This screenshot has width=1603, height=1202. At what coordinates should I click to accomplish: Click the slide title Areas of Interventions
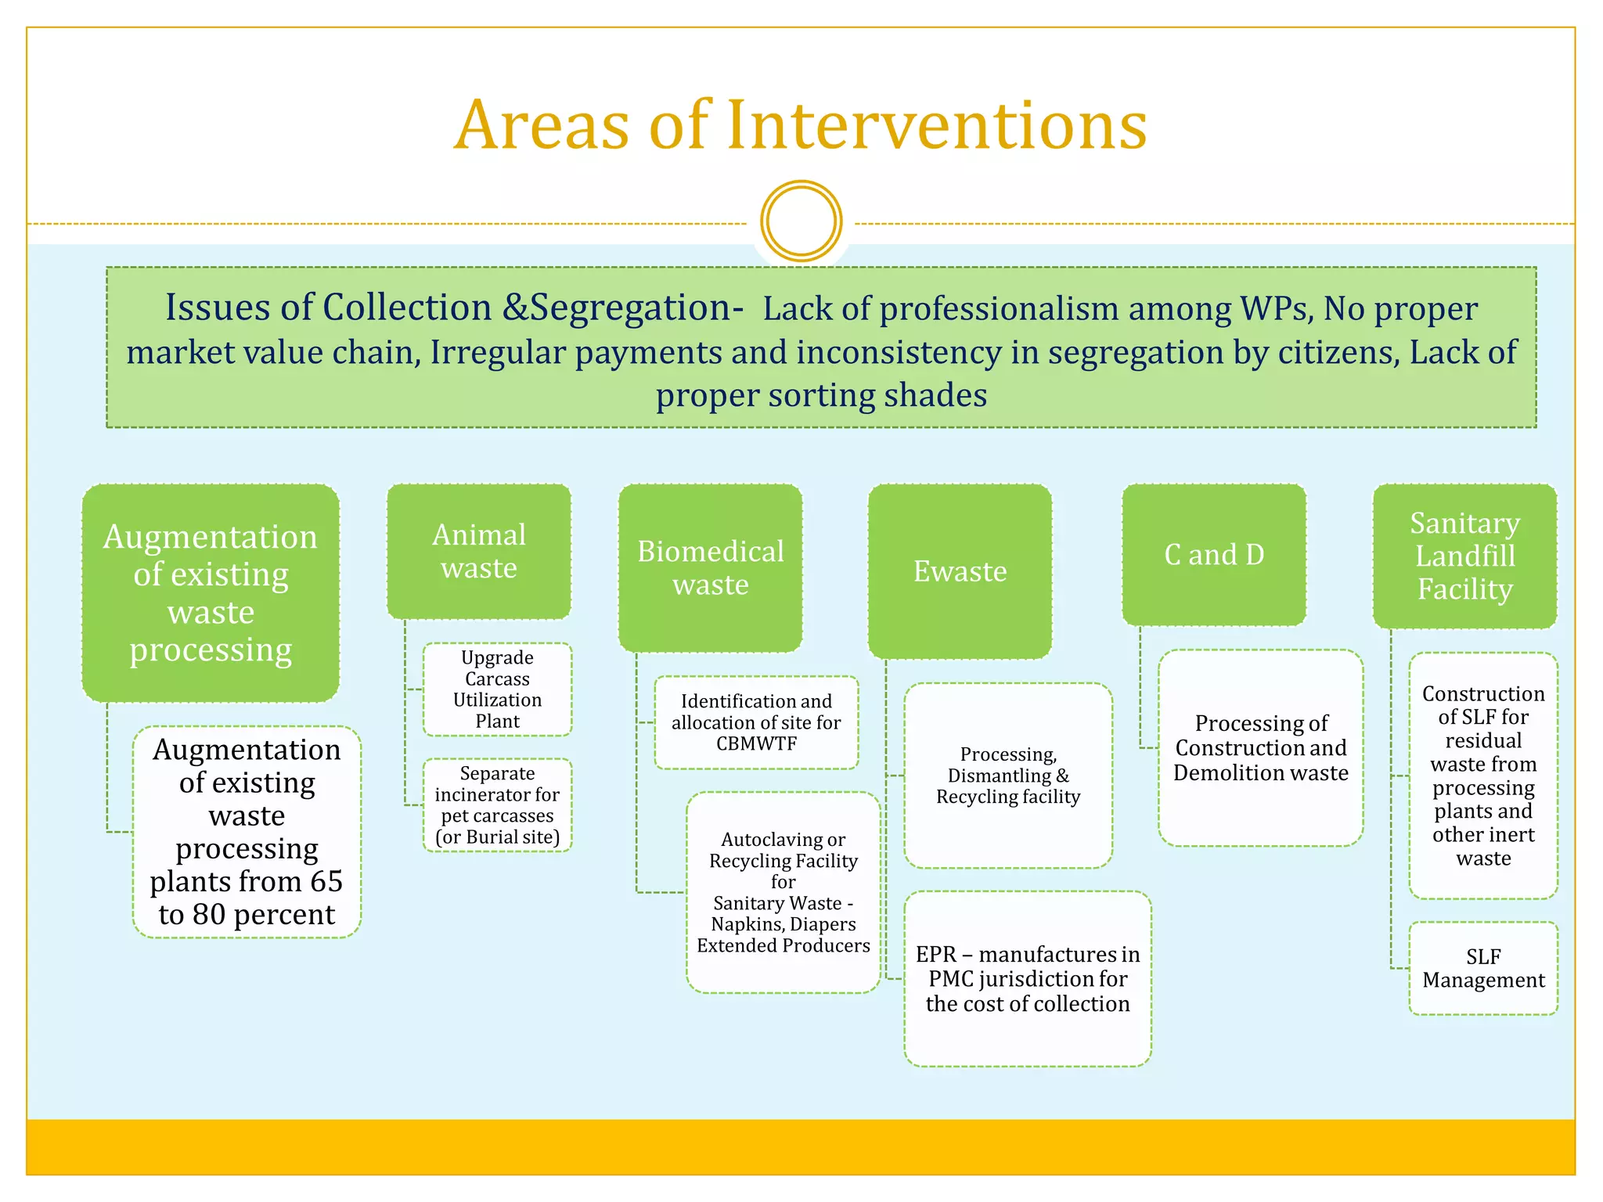click(x=800, y=125)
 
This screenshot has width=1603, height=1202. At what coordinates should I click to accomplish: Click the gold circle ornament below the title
click(x=801, y=221)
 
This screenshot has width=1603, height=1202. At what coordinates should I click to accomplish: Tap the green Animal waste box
click(x=479, y=552)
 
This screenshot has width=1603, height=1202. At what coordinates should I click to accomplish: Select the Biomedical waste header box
click(x=710, y=568)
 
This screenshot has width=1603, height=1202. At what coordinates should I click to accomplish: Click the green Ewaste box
click(x=960, y=571)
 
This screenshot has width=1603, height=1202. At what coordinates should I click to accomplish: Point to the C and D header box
click(x=1214, y=555)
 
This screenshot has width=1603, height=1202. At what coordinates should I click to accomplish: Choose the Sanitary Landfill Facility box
click(x=1464, y=556)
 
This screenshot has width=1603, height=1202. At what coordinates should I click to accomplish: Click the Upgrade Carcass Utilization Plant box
click(x=497, y=689)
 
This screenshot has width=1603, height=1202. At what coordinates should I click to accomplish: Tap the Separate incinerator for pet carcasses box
click(x=497, y=805)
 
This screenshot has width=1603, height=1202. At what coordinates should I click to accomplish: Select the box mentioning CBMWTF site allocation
click(x=756, y=722)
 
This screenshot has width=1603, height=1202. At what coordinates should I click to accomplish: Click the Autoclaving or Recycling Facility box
click(x=783, y=892)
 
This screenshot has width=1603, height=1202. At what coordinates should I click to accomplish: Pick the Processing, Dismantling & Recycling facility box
click(x=1008, y=776)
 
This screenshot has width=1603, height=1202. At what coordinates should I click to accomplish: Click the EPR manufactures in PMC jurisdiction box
click(x=1027, y=979)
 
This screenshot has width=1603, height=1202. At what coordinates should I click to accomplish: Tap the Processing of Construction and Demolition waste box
click(x=1260, y=748)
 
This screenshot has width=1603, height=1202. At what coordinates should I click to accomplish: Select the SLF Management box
click(x=1483, y=968)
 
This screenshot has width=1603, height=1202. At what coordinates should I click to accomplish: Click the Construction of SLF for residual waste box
click(x=1483, y=776)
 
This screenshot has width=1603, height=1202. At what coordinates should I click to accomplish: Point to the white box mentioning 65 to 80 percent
click(x=247, y=832)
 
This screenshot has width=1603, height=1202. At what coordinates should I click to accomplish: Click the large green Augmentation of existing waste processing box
click(x=211, y=593)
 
